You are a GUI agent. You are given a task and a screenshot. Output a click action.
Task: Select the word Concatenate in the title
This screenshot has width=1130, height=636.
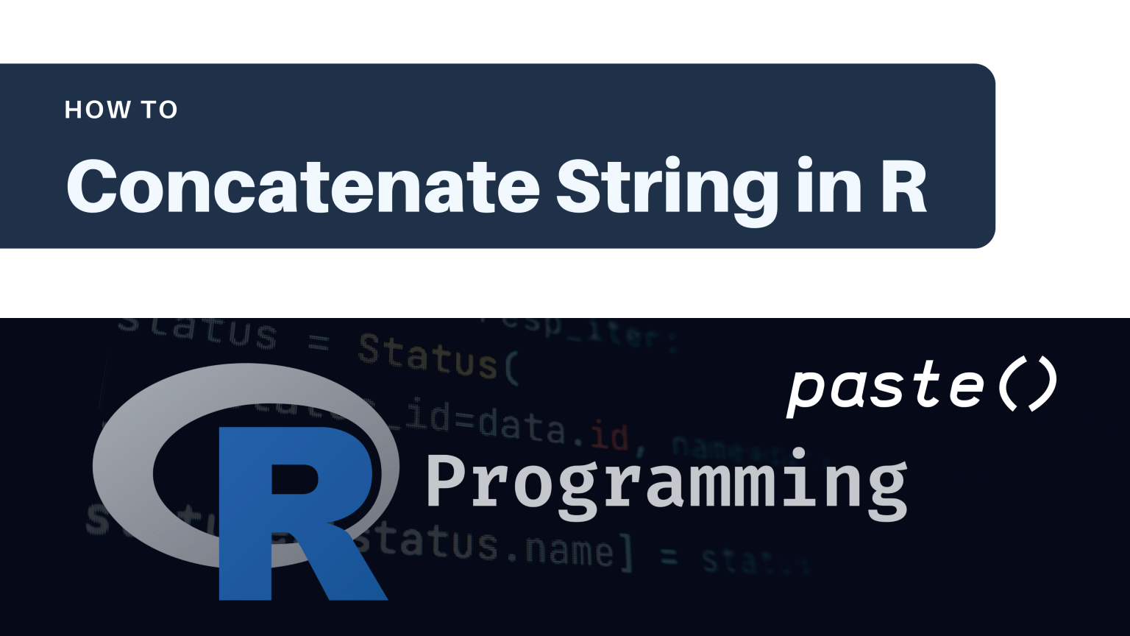tap(303, 186)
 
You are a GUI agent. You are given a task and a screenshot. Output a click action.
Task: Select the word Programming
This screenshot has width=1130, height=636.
tap(667, 483)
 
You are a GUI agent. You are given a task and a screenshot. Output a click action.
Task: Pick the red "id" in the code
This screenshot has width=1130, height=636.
tap(609, 437)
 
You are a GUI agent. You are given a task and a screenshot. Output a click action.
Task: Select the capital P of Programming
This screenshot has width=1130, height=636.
tap(446, 480)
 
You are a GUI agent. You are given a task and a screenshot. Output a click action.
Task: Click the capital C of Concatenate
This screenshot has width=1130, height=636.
tap(93, 186)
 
